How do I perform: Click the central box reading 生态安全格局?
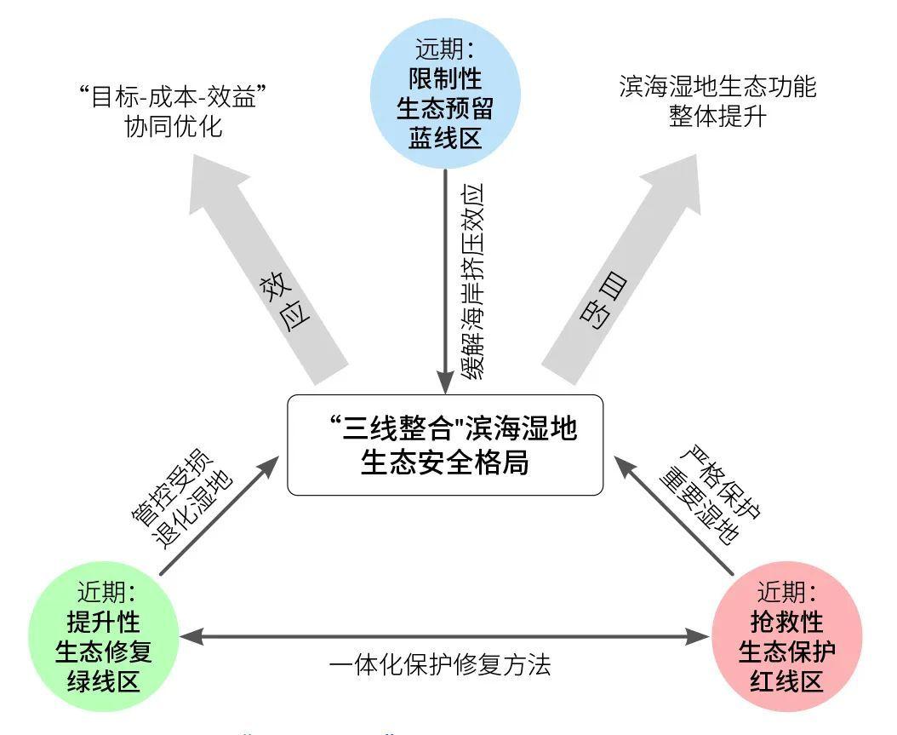[445, 445]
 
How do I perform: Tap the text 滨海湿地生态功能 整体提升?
[717, 100]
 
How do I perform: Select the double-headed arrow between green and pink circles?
[444, 635]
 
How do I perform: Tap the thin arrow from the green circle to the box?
[220, 515]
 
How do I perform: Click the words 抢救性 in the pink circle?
[786, 621]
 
